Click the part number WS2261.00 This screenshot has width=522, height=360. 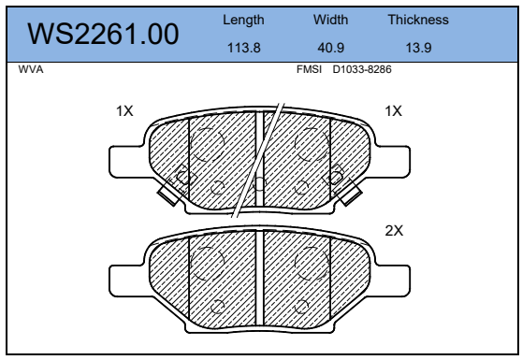[103, 34]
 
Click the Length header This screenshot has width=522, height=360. [243, 21]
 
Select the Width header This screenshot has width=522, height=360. [330, 20]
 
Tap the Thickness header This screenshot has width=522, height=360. [418, 20]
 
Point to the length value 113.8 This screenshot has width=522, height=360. [243, 48]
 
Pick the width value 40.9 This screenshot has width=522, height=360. [330, 48]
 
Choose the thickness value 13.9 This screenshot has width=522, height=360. [418, 48]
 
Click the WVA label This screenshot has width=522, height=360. [31, 69]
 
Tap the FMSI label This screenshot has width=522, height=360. [309, 69]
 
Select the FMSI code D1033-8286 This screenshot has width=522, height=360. [362, 69]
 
